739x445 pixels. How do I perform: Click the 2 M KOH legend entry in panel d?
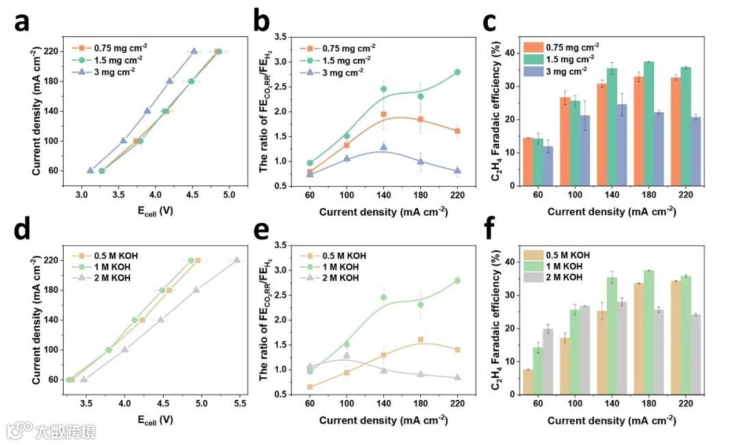coord(102,277)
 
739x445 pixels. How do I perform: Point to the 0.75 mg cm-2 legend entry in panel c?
coord(561,47)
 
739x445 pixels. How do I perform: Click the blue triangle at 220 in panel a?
coord(194,51)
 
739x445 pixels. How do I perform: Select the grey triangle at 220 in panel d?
coord(237,260)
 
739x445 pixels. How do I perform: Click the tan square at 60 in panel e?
coord(310,387)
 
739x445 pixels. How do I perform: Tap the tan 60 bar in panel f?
coord(528,382)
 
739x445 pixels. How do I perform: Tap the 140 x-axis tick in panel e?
coord(383,405)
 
